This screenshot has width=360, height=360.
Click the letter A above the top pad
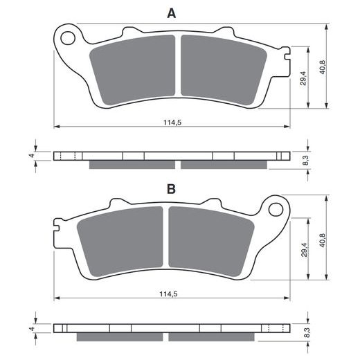170,12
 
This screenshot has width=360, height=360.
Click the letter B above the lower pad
170,188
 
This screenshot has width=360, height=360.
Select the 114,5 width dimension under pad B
170,294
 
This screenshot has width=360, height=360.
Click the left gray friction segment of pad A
134,69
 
